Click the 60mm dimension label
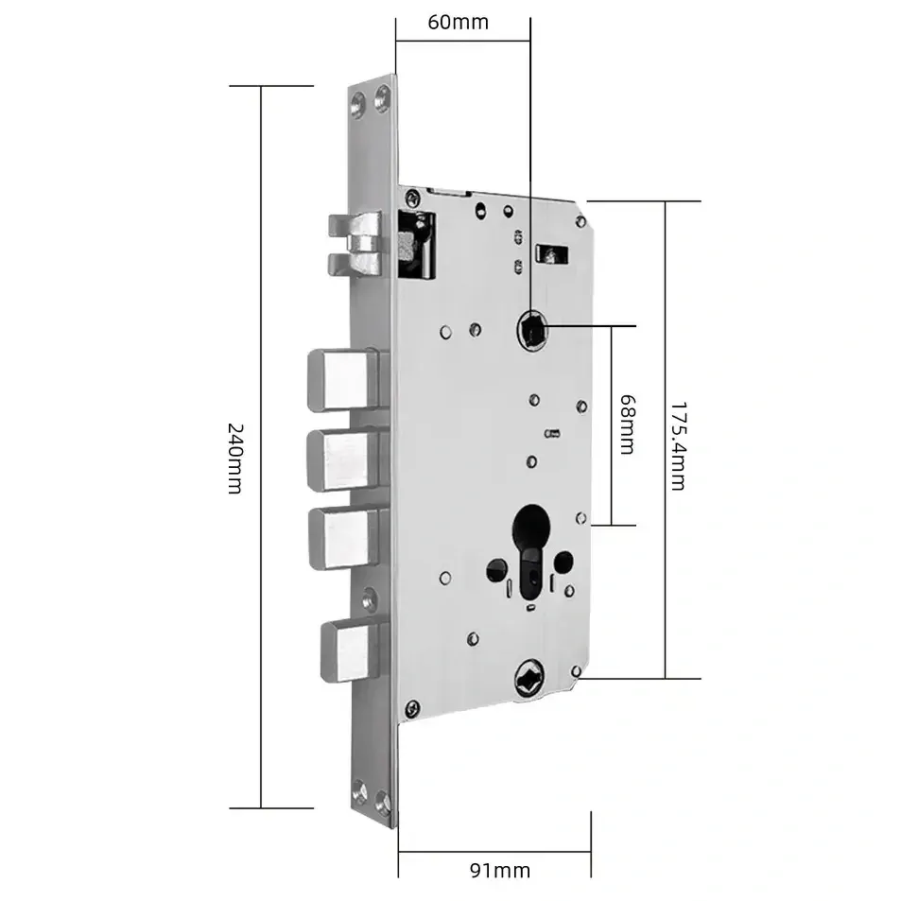point(458,23)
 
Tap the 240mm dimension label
point(235,459)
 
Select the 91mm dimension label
point(500,871)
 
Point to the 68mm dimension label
point(627,425)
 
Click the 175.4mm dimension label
point(678,446)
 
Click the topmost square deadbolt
point(343,380)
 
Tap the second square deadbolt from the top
point(343,460)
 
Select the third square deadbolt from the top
point(344,538)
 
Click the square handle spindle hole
point(532,330)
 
